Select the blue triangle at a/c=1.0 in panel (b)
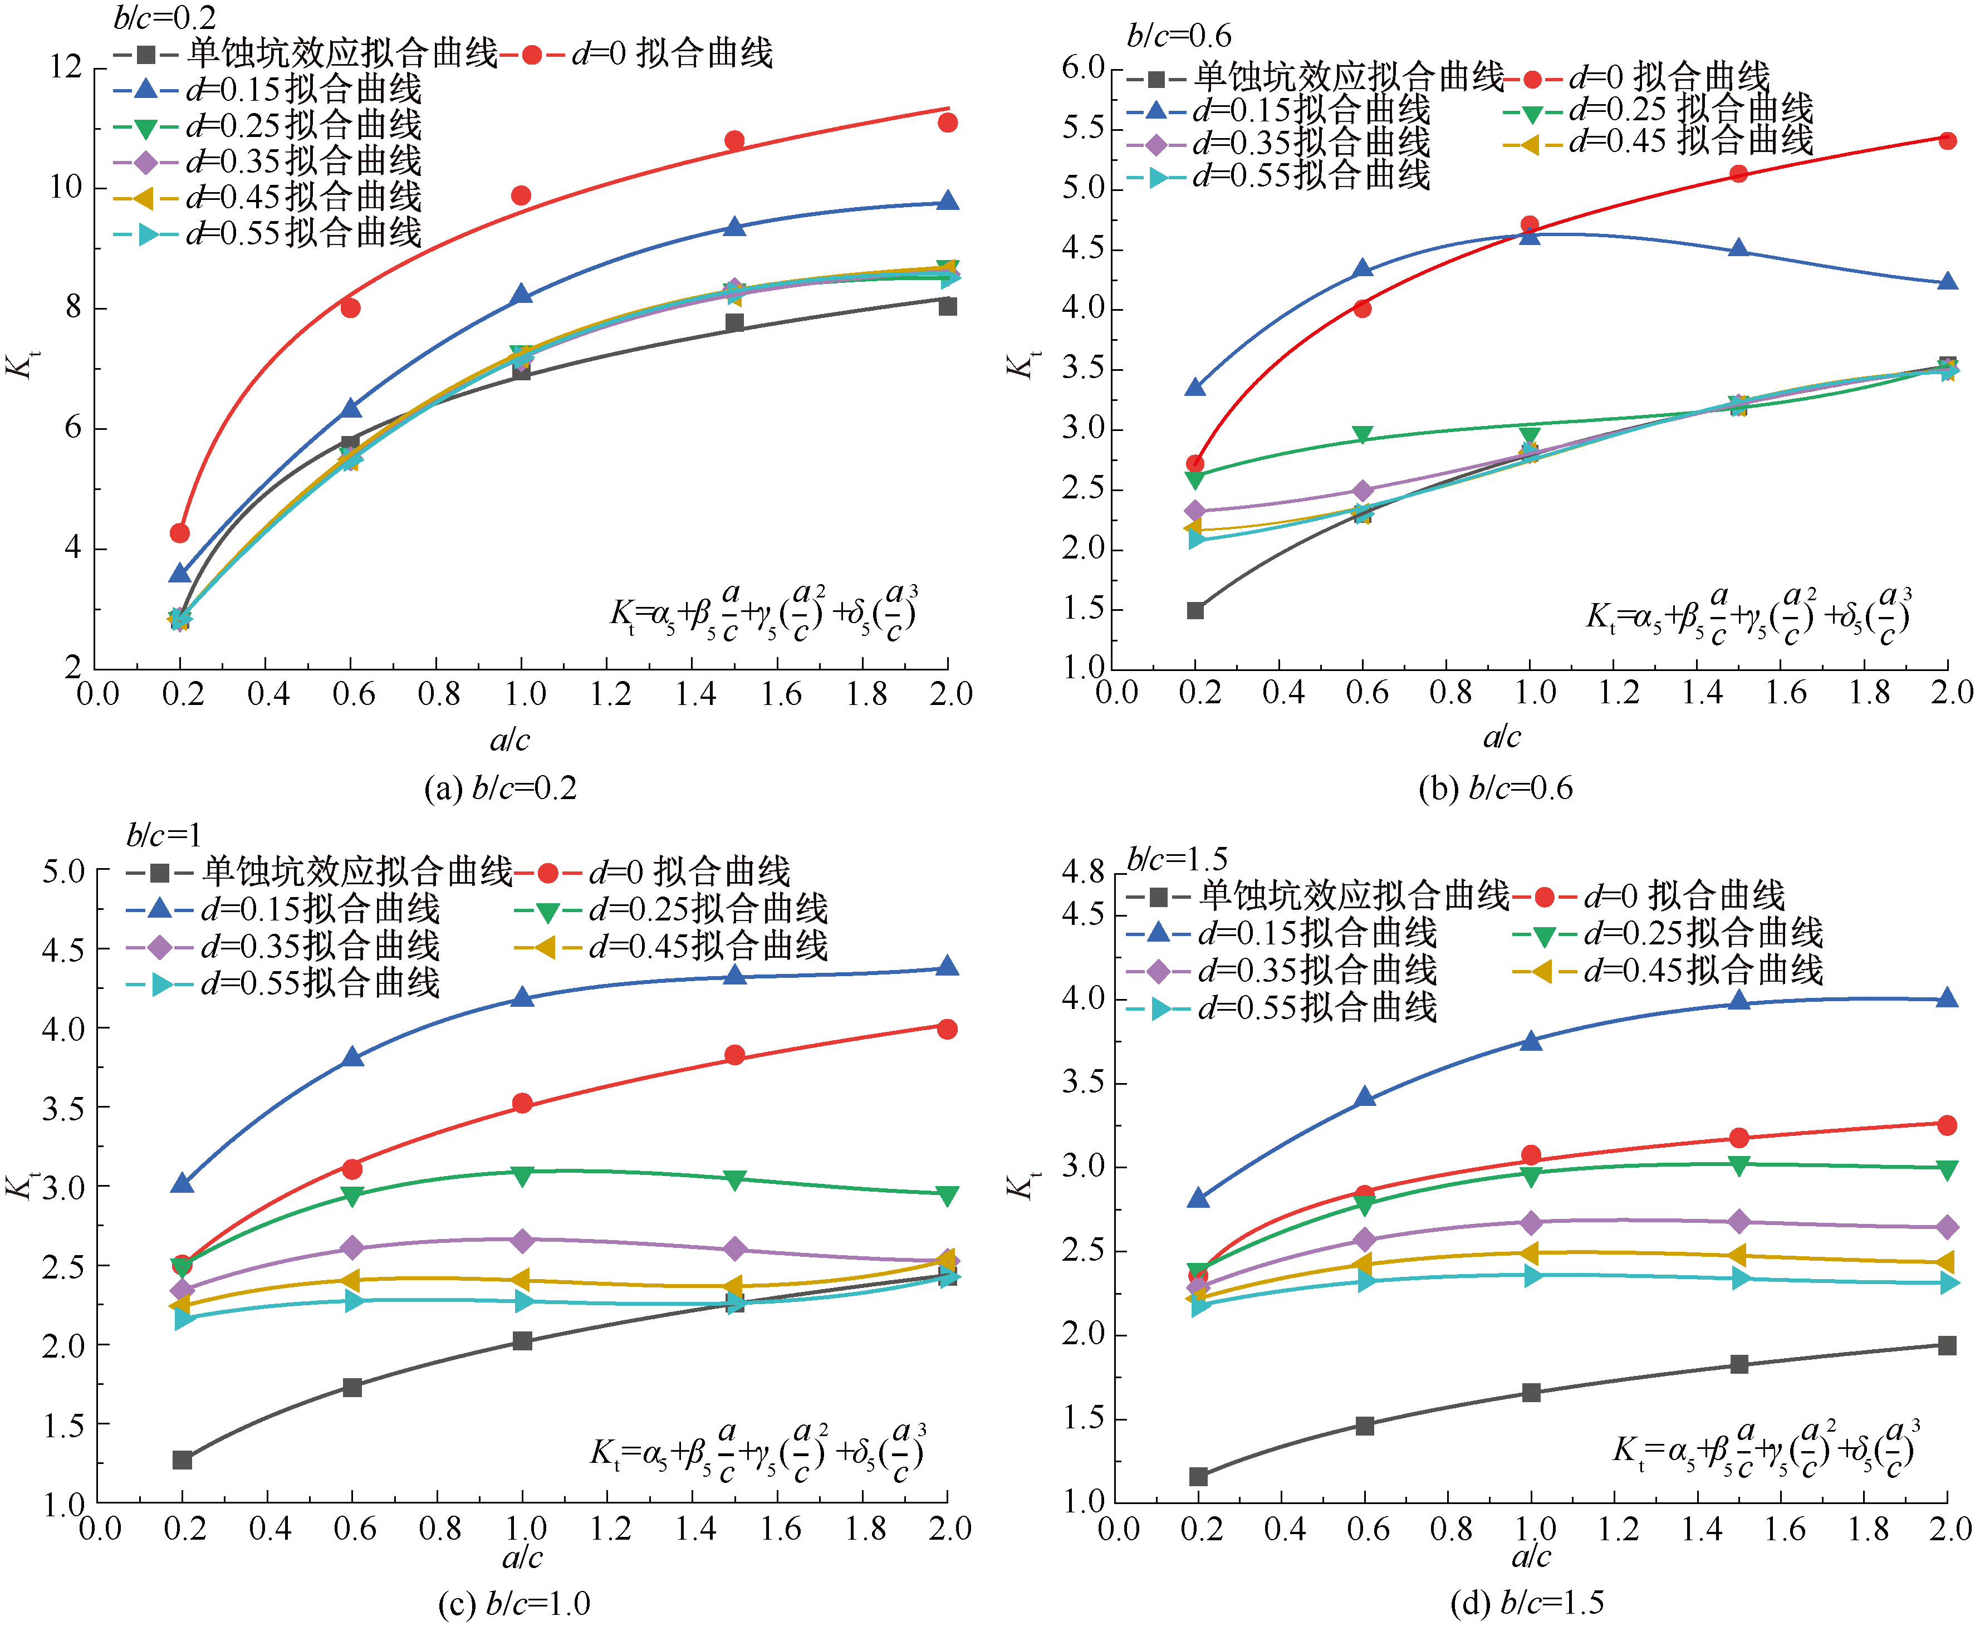pyautogui.click(x=1529, y=235)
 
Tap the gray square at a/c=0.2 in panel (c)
pyautogui.click(x=183, y=1460)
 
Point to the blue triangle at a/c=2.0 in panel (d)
pyautogui.click(x=1947, y=998)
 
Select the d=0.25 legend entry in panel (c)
pyautogui.click(x=670, y=909)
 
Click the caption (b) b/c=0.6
pyautogui.click(x=1496, y=788)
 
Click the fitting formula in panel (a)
pyautogui.click(x=763, y=614)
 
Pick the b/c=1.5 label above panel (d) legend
pyautogui.click(x=1177, y=858)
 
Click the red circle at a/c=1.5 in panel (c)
pyautogui.click(x=734, y=1056)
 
